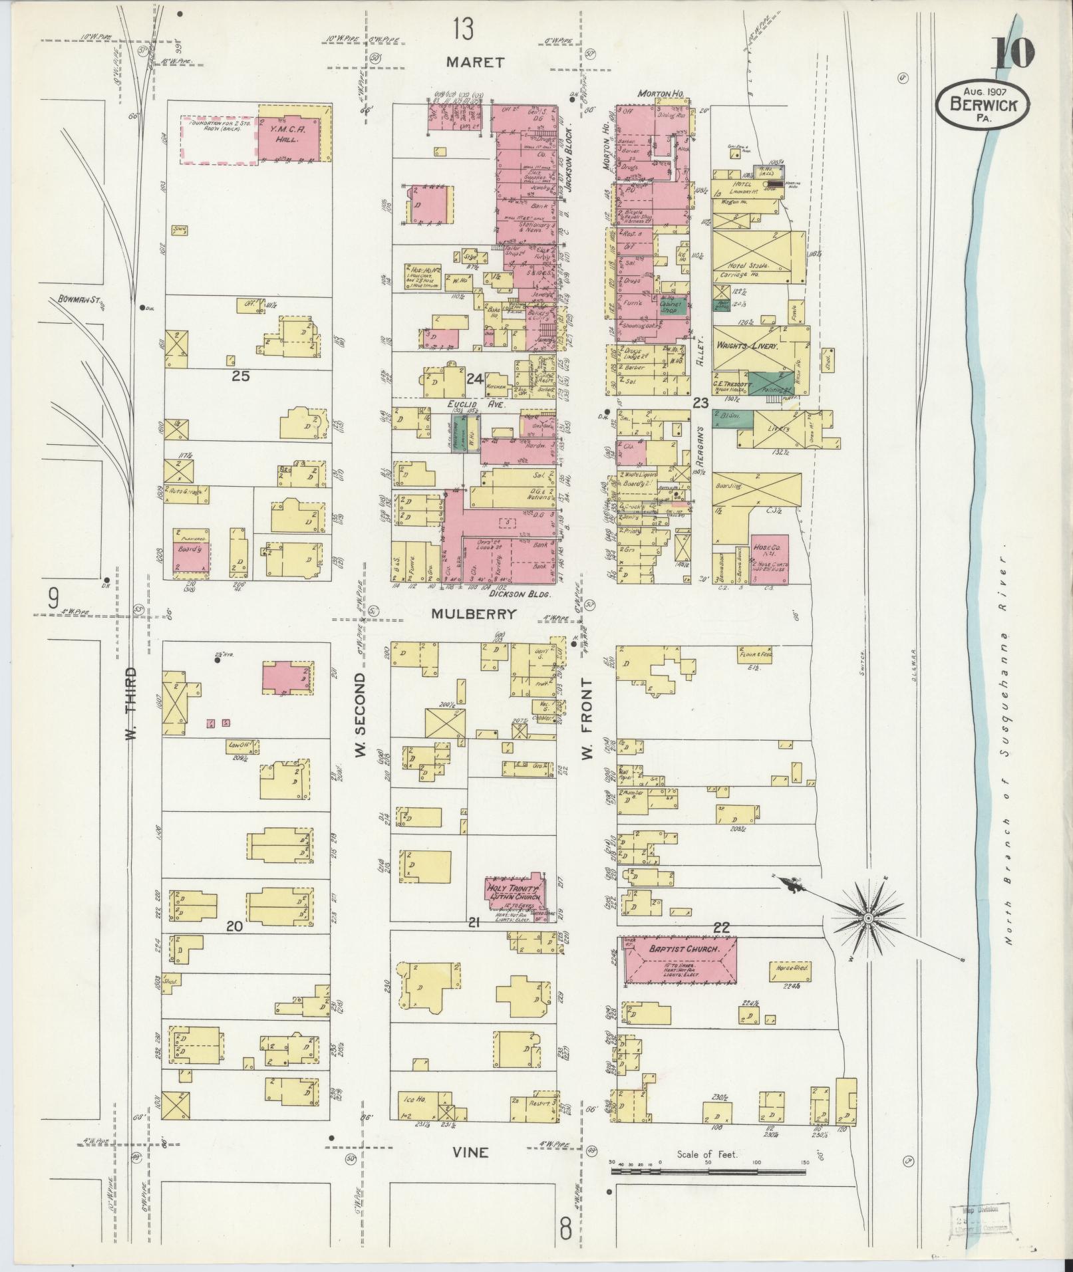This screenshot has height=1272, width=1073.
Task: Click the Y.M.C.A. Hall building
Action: click(x=293, y=133)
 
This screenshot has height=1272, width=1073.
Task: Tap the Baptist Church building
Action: click(x=680, y=959)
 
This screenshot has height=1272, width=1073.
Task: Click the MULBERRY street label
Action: click(x=474, y=614)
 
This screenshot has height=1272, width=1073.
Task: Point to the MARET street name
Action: click(x=475, y=62)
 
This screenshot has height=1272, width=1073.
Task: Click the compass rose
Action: click(x=867, y=918)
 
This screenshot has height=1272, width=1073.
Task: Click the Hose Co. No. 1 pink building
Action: click(x=770, y=559)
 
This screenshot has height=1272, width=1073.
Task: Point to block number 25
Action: click(x=241, y=376)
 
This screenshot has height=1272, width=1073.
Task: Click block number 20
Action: click(x=235, y=925)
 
